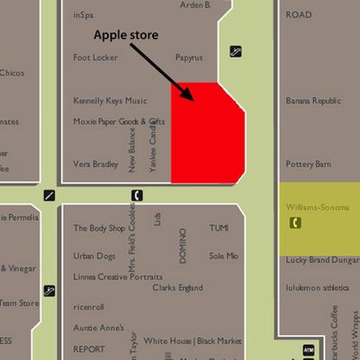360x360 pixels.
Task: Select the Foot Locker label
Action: tap(95, 58)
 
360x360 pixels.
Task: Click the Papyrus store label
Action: tap(189, 58)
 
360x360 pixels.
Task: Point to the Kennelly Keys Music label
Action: tap(110, 101)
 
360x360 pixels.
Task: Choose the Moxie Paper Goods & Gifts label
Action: tap(119, 121)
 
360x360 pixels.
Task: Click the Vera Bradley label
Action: tap(95, 164)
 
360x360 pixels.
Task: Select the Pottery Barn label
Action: tap(309, 164)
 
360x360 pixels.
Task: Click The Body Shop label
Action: tap(99, 228)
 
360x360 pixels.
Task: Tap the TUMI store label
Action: tap(220, 228)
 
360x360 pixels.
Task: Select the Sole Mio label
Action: tap(224, 256)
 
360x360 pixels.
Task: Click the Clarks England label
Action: tap(177, 288)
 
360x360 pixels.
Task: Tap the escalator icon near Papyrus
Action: tap(235, 51)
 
